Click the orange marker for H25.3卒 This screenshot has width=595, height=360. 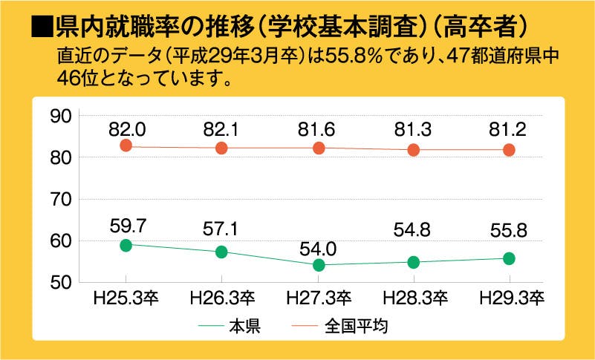pyautogui.click(x=126, y=145)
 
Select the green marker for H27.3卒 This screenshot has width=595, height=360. pyautogui.click(x=318, y=265)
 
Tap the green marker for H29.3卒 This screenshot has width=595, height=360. pyautogui.click(x=509, y=258)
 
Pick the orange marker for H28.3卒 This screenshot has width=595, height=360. pyautogui.click(x=414, y=150)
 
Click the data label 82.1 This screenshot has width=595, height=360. pyautogui.click(x=221, y=128)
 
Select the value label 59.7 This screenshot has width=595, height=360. pyautogui.click(x=126, y=224)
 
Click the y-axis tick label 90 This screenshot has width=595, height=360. pyautogui.click(x=59, y=116)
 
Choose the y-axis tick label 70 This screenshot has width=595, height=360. pyautogui.click(x=59, y=200)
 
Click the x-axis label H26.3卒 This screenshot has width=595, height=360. pyautogui.click(x=222, y=299)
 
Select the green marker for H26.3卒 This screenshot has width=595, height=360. pyautogui.click(x=221, y=252)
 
